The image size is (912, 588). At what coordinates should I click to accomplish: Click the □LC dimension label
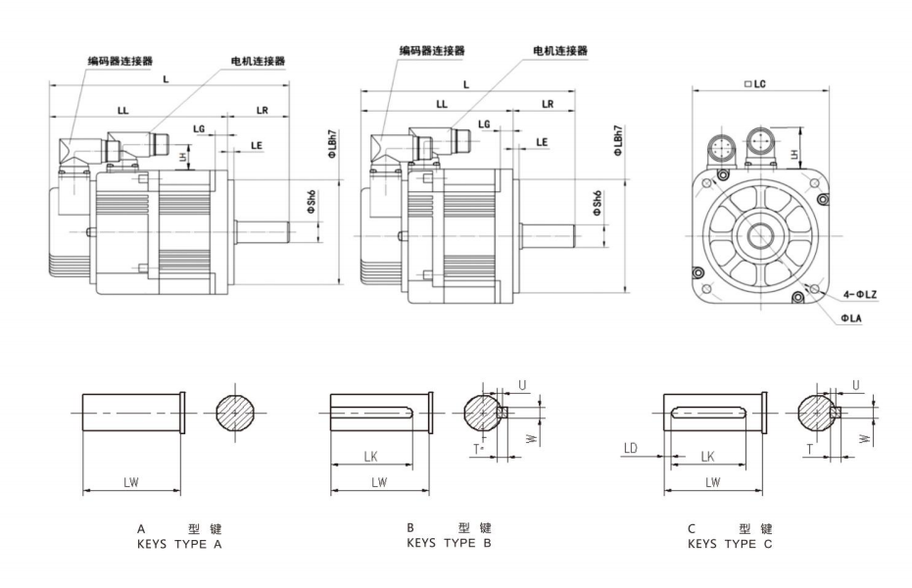pos(754,85)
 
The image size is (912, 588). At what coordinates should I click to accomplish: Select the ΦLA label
pos(850,318)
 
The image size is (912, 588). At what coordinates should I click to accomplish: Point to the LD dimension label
pos(630,448)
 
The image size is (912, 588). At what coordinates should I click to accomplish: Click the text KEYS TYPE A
pos(181,541)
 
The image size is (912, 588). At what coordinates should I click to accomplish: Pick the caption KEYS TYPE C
pos(730,541)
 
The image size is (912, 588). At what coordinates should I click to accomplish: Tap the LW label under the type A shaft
pos(130,482)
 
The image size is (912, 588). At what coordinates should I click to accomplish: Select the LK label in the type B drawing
pos(370,456)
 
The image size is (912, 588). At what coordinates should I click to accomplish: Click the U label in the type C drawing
pos(855,387)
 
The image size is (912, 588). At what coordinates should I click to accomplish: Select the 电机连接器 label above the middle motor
pos(559,50)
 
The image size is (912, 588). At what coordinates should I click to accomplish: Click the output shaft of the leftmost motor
pos(263,233)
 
